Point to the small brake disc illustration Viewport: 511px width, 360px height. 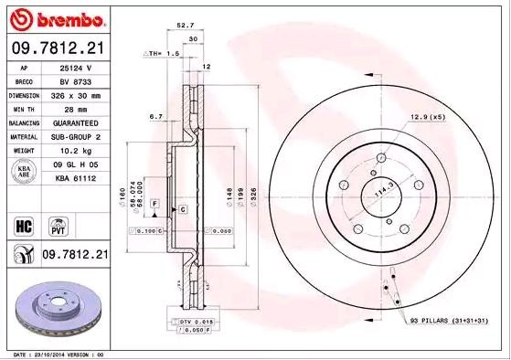(61, 309)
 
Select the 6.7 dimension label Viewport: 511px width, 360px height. (155, 117)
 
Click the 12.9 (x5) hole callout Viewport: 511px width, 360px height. (428, 118)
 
